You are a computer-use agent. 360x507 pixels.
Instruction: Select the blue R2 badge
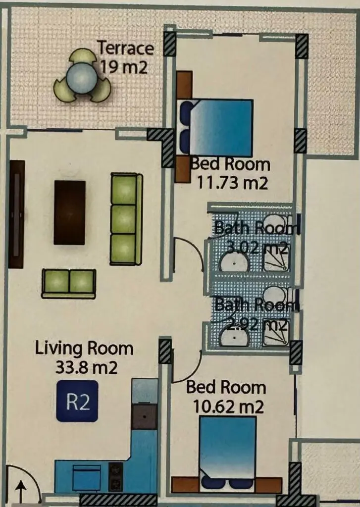click(x=77, y=401)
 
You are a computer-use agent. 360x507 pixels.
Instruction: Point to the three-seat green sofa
click(x=126, y=219)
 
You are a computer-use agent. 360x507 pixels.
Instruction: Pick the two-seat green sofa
click(x=68, y=284)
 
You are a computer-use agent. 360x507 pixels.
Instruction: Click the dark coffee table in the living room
click(x=69, y=212)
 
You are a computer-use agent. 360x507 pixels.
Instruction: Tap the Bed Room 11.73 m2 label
click(x=230, y=174)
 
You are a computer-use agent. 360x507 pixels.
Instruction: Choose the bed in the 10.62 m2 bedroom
click(x=228, y=453)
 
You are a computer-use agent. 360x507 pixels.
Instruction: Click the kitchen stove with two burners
click(x=115, y=477)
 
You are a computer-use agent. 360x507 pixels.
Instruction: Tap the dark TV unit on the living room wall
click(x=16, y=214)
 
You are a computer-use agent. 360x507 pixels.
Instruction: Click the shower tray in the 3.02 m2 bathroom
click(x=276, y=258)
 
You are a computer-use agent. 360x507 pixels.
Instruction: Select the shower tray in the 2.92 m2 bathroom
click(x=276, y=332)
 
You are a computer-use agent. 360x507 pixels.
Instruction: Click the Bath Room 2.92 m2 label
click(x=256, y=314)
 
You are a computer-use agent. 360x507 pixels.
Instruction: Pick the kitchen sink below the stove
click(x=86, y=478)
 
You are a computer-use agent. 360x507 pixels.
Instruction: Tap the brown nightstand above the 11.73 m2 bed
click(x=184, y=85)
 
